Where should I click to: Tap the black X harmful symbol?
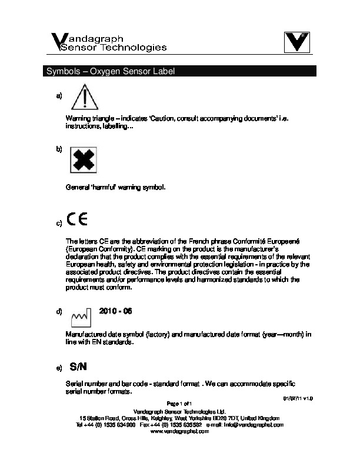click(x=84, y=161)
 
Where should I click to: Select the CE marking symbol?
click(x=77, y=219)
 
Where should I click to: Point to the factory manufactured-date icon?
click(x=80, y=317)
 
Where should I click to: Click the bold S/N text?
click(x=78, y=367)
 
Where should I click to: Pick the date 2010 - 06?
click(x=116, y=310)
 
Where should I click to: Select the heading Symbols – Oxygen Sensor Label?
click(x=111, y=72)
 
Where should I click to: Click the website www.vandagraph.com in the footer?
click(x=180, y=431)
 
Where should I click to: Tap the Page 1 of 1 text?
click(x=180, y=403)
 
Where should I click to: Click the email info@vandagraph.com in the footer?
click(x=261, y=424)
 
